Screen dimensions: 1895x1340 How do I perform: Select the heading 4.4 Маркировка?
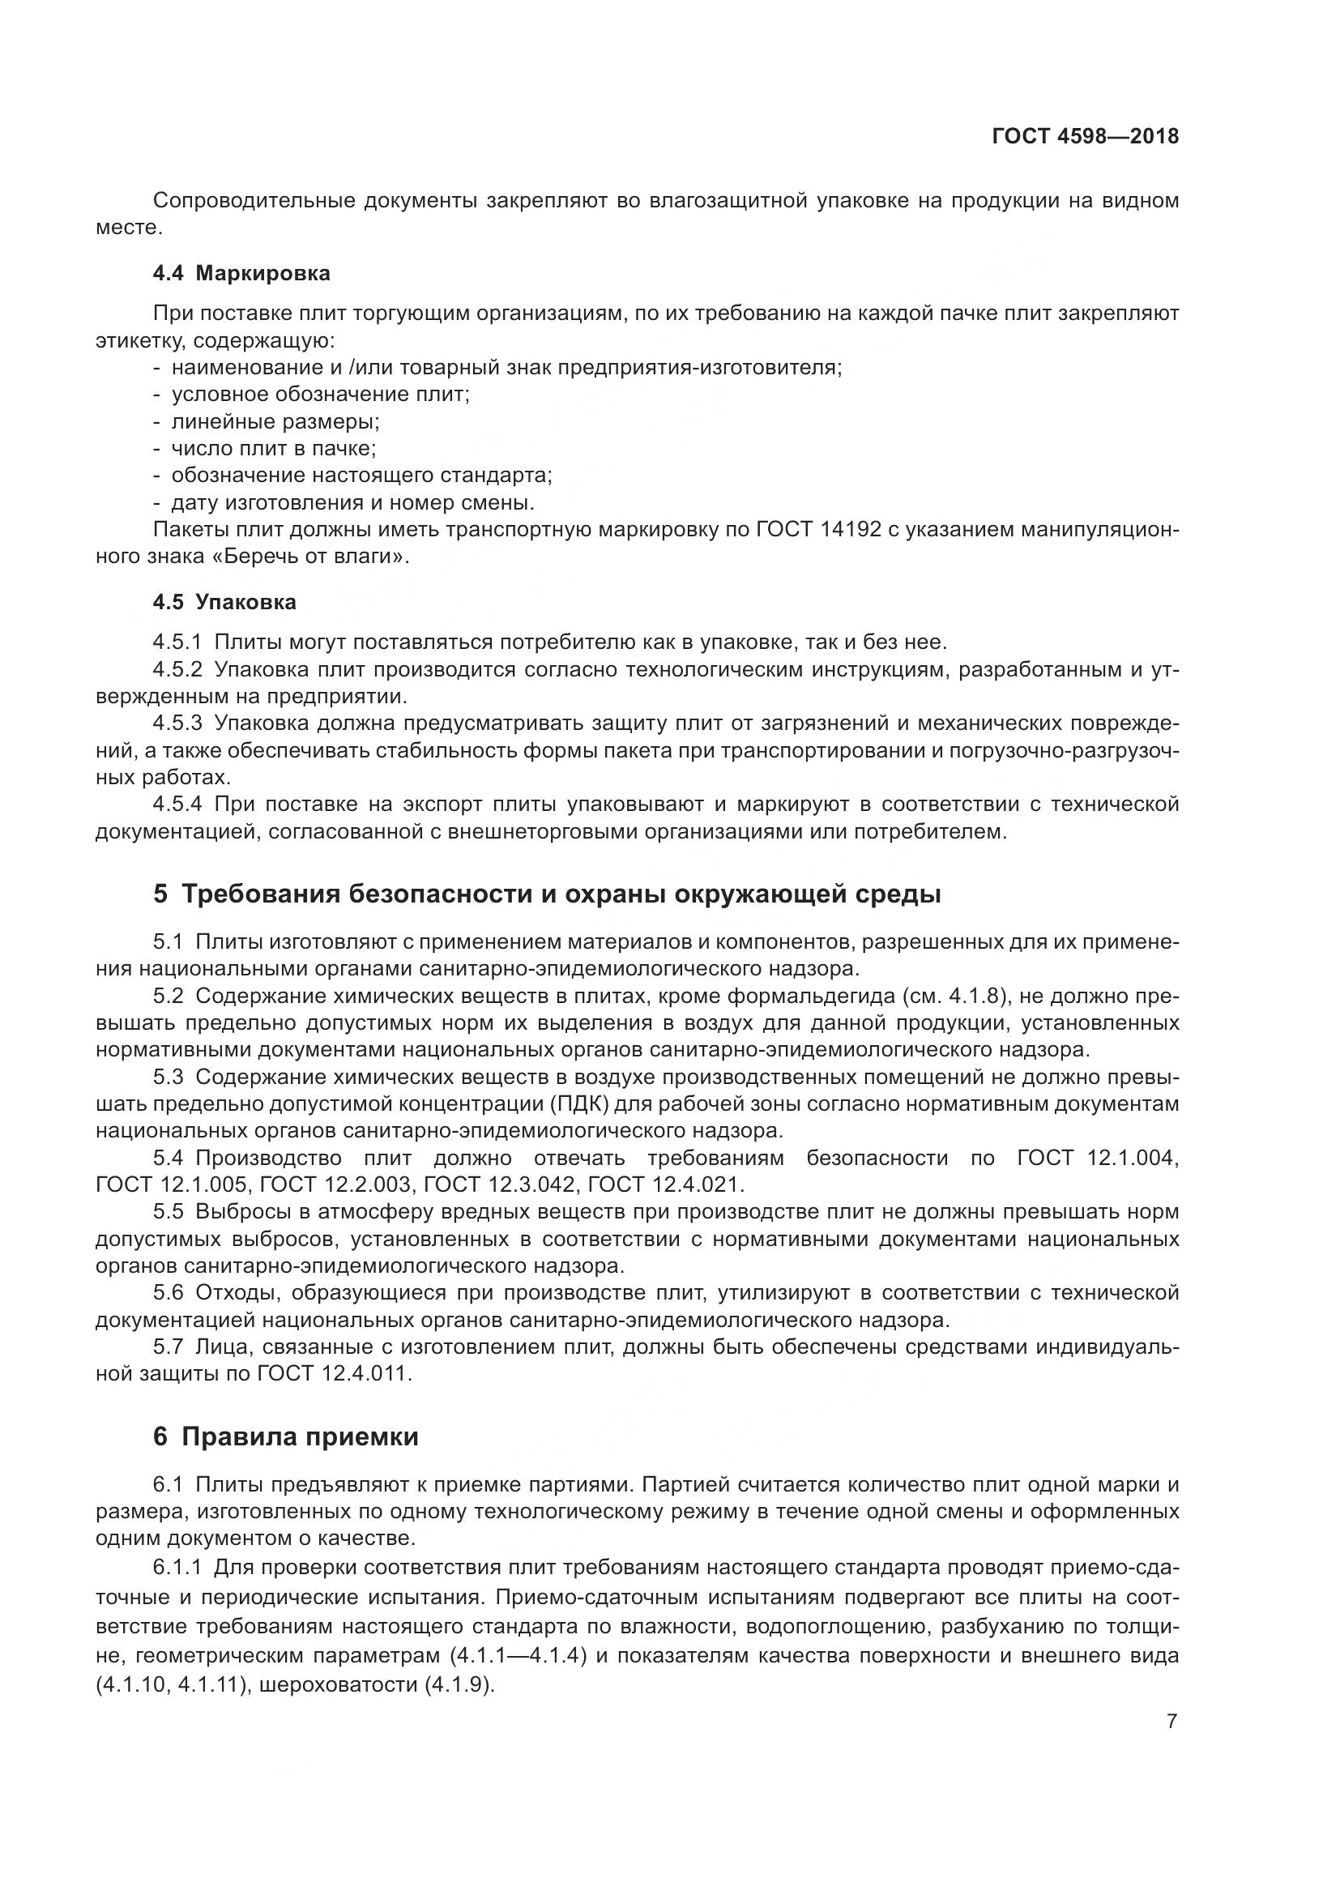point(241,273)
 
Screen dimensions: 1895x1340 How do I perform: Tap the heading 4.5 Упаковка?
point(224,602)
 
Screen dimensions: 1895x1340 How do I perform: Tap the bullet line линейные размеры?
point(275,422)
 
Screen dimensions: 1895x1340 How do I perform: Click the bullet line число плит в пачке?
point(273,449)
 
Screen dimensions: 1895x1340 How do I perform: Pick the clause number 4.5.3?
point(177,723)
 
